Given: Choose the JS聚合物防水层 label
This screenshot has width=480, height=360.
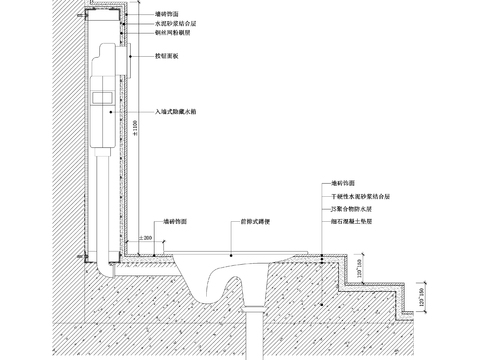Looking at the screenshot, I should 354,212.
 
